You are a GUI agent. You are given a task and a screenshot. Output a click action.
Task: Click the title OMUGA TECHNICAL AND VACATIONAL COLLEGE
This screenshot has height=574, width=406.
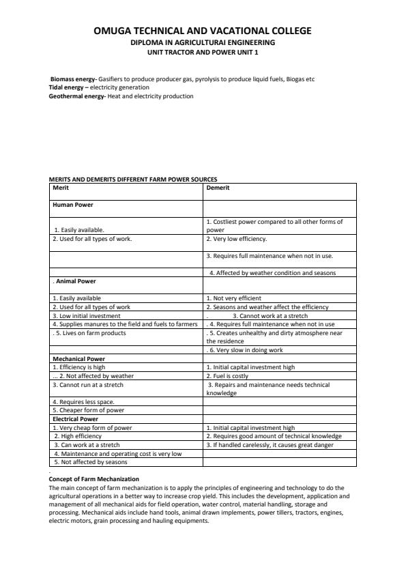(203, 31)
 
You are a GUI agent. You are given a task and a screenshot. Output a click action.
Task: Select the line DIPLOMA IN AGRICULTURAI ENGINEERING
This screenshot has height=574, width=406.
(203, 42)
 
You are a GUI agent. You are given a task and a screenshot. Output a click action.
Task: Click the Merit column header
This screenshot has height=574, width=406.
(61, 188)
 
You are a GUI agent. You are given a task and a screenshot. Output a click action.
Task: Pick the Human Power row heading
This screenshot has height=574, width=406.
(73, 204)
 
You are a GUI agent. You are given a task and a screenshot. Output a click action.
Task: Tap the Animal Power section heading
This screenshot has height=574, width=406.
(76, 281)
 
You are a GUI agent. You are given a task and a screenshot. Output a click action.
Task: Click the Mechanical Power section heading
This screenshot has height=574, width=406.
(78, 358)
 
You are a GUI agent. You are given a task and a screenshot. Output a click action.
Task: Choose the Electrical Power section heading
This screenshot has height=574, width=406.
(75, 419)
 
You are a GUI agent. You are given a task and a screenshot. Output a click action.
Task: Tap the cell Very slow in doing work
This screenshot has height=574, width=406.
(246, 350)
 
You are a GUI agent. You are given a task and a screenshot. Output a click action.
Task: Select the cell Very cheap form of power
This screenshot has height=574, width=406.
(92, 428)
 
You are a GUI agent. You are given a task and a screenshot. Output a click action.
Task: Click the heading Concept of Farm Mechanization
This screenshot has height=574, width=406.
(93, 479)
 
